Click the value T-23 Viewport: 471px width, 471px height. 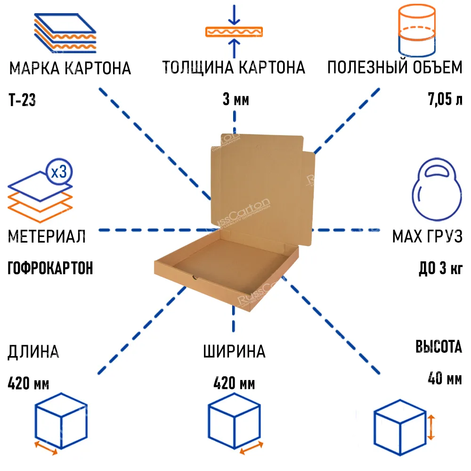[22, 100]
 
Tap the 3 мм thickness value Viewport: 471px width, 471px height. [235, 100]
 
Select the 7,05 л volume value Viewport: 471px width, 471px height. [445, 100]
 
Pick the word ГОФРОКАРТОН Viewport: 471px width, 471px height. [50, 268]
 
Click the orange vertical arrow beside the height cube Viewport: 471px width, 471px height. [430, 426]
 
